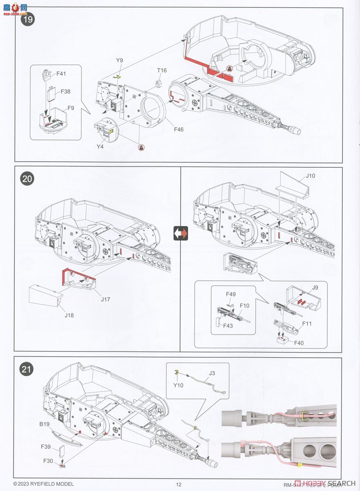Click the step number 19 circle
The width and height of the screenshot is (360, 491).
[x=28, y=18]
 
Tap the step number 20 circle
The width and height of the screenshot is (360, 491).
[x=28, y=179]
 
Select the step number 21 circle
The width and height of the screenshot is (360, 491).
[x=28, y=369]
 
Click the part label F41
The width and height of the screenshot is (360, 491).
[x=61, y=74]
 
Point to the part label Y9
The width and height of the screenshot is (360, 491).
[x=119, y=60]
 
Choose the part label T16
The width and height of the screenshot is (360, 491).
[x=162, y=70]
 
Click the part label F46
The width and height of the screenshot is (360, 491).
[x=179, y=130]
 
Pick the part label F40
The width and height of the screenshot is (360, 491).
[x=299, y=342]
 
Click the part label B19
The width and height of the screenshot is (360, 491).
[x=45, y=424]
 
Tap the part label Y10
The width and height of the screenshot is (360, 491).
[x=178, y=385]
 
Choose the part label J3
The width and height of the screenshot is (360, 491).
[x=212, y=373]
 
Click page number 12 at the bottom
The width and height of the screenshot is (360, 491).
[x=178, y=484]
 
